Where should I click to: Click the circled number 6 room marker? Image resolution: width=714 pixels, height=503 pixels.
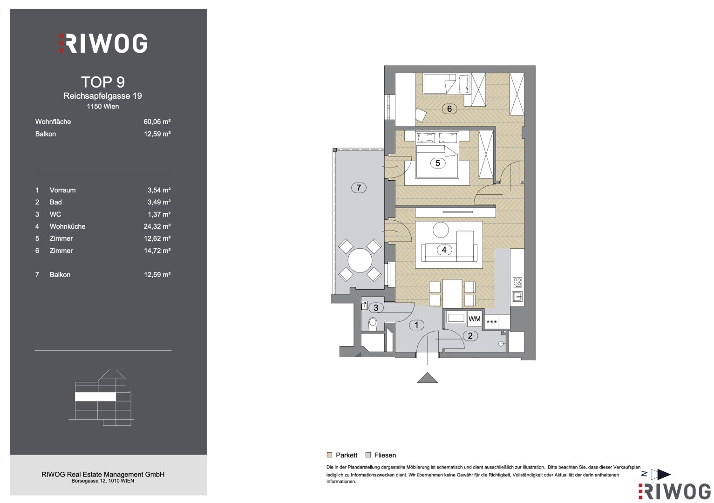click(x=449, y=109)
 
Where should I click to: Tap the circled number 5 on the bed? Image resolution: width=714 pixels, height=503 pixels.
click(x=438, y=163)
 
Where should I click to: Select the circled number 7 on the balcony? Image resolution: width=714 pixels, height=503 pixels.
click(x=359, y=188)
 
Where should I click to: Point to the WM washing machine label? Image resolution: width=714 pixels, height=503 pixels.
click(x=474, y=319)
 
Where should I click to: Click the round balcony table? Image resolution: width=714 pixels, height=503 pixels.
click(x=360, y=260)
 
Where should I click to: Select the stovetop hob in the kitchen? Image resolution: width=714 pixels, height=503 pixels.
click(x=517, y=282)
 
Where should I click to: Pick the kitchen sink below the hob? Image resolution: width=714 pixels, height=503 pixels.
click(x=517, y=297)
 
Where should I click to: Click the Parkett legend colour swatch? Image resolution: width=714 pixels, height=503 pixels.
click(x=330, y=455)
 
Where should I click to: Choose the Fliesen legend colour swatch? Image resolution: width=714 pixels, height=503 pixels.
click(x=368, y=455)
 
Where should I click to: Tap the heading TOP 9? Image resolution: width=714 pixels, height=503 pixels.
click(x=103, y=82)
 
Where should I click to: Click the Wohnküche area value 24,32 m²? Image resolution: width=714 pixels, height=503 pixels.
click(x=157, y=226)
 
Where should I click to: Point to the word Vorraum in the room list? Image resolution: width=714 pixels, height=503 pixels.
click(x=62, y=190)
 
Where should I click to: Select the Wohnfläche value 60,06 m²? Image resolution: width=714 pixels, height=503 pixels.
click(x=157, y=122)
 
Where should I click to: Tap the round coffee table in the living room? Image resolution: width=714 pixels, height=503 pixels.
click(x=441, y=230)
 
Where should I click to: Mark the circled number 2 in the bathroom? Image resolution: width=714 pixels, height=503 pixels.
click(x=470, y=336)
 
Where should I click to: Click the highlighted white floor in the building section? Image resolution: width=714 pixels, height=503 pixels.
click(x=95, y=396)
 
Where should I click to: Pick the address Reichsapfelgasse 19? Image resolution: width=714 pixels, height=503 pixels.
click(x=102, y=96)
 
